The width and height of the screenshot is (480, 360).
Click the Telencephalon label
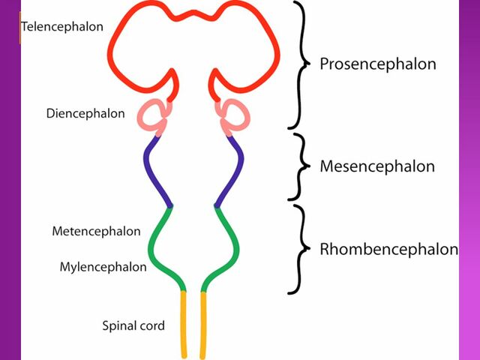point(62,27)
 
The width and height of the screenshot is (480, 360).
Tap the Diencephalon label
point(85,114)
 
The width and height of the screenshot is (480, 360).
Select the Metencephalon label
point(96,231)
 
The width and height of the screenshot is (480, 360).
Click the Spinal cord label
point(133,325)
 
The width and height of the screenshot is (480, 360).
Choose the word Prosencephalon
point(377,64)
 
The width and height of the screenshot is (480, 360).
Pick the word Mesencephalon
point(376,166)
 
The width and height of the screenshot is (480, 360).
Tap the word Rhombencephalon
point(388,249)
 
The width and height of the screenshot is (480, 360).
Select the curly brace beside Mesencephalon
point(301,166)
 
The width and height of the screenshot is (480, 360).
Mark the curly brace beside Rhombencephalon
point(300,249)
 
